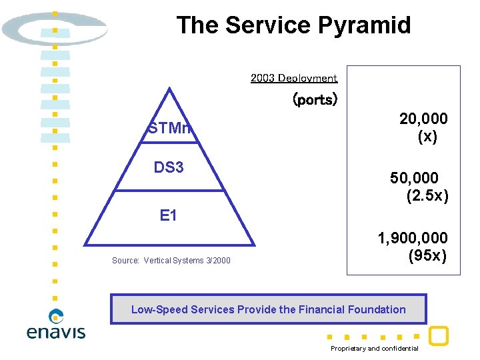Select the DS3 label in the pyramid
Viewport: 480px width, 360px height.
[169, 167]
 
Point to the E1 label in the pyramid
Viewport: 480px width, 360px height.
[169, 215]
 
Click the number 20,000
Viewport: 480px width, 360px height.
[423, 119]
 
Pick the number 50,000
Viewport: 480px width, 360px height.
[414, 178]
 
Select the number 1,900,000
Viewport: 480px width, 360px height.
[412, 238]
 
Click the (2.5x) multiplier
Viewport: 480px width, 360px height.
[427, 196]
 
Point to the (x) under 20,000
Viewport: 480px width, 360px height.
[427, 137]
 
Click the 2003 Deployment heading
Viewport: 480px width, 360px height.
[294, 78]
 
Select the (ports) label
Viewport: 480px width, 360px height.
[315, 100]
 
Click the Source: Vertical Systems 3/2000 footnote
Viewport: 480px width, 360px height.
[171, 261]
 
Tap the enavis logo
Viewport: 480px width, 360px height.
[56, 325]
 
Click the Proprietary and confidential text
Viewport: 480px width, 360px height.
[375, 349]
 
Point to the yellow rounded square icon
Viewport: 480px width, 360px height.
[438, 336]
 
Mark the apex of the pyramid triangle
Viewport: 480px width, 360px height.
[169, 89]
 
